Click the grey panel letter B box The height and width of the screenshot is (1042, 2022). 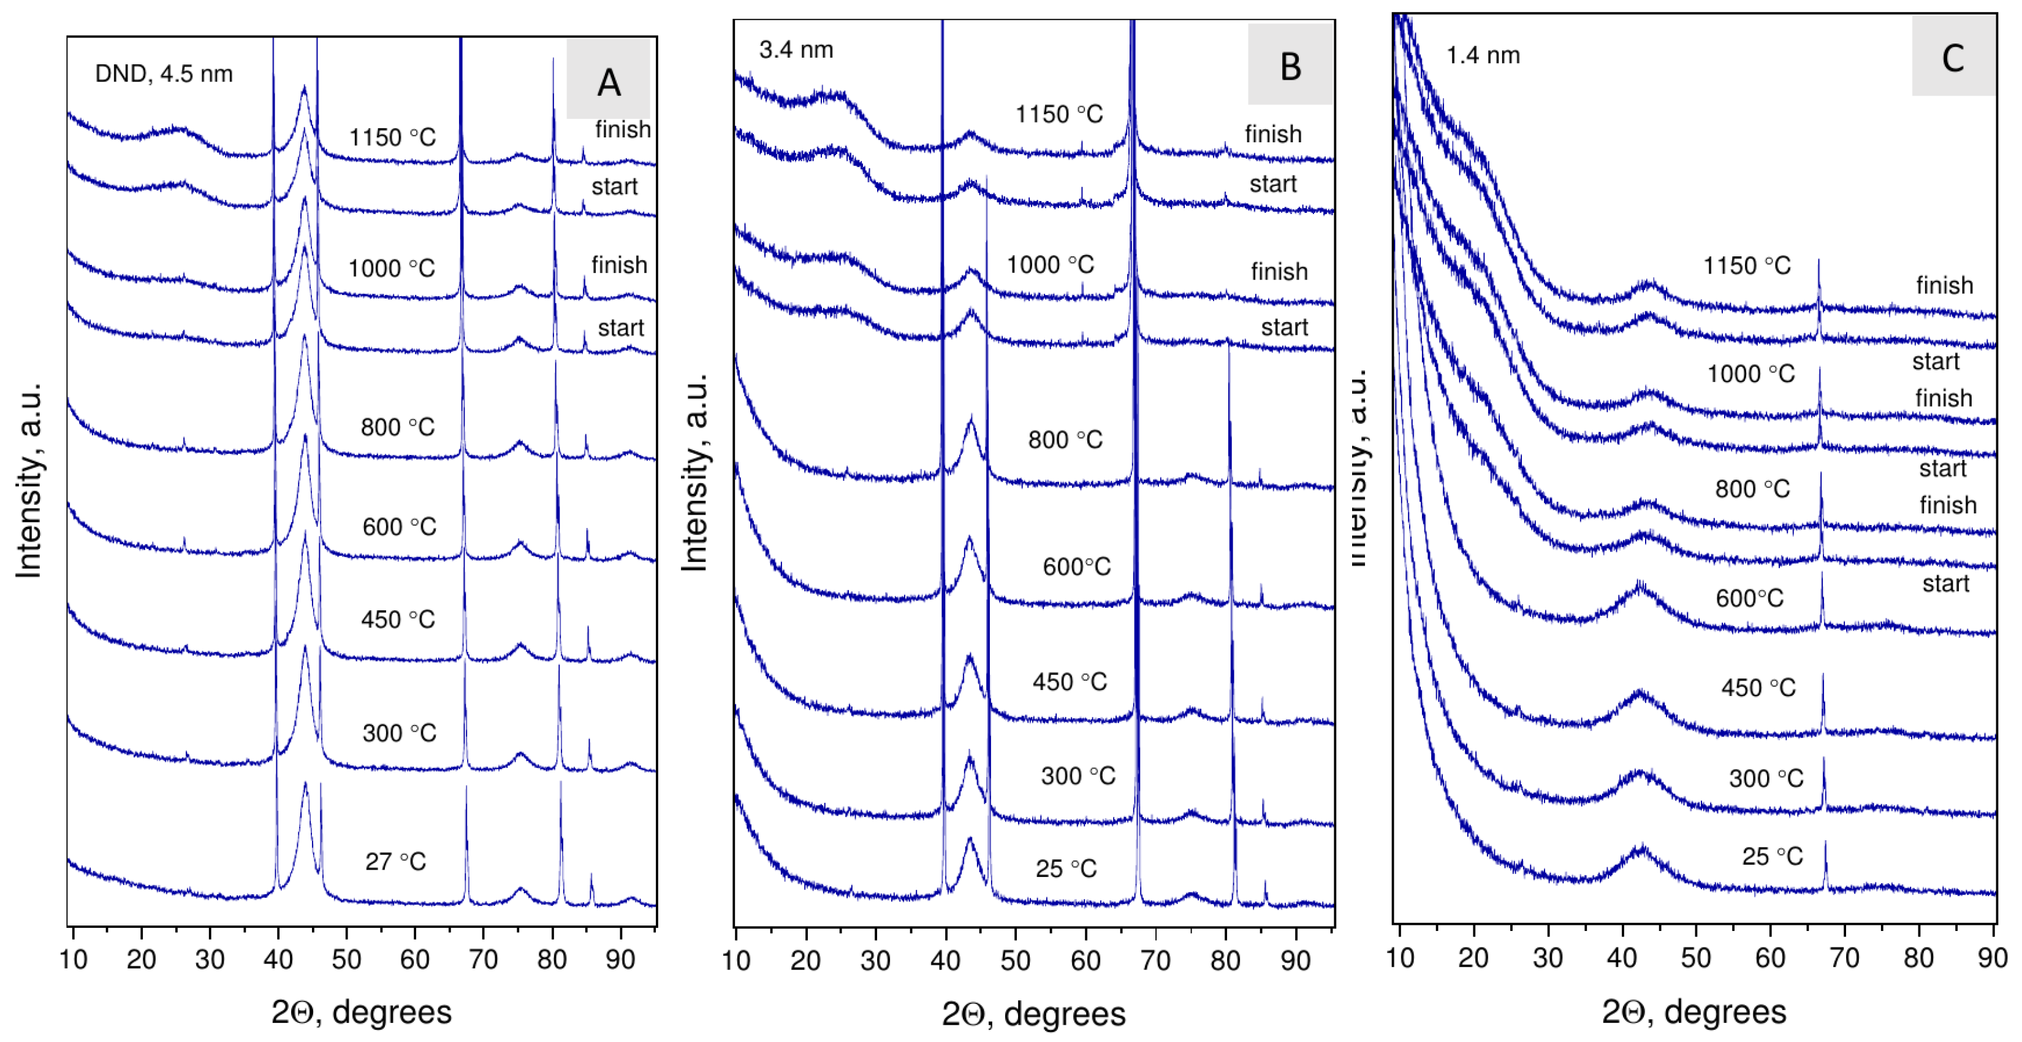[1290, 64]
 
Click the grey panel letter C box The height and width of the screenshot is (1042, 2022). [1952, 56]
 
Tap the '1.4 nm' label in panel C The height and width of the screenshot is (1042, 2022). [1482, 55]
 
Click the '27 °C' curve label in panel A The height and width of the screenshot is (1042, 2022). [395, 862]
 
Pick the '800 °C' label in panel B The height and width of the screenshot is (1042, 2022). [1065, 439]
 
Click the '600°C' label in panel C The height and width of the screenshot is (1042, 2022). [1749, 599]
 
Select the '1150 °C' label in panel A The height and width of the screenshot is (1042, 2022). [392, 137]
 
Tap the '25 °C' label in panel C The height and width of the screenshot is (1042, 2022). [1771, 856]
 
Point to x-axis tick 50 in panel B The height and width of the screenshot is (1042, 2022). [1015, 960]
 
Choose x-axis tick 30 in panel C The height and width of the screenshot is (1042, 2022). [1547, 957]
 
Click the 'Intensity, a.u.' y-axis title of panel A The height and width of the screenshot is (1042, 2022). [29, 481]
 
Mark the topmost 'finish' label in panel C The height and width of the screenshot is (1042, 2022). [1944, 285]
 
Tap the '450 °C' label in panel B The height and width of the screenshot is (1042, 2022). [1069, 681]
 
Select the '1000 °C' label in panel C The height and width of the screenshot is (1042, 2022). [1750, 373]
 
